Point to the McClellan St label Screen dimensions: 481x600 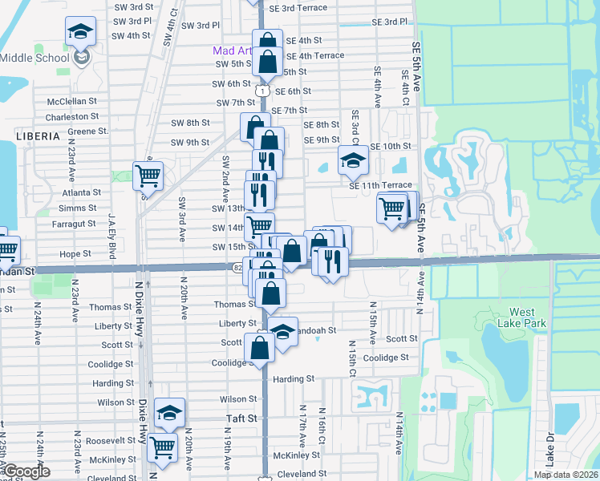pos(71,102)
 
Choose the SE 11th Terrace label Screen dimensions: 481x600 pos(380,185)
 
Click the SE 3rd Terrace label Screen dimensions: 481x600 pos(298,7)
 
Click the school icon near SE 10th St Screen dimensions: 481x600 pos(352,160)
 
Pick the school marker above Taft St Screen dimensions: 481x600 pos(169,412)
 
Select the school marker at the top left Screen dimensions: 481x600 pos(80,31)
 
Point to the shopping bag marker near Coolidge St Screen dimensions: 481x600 pos(259,347)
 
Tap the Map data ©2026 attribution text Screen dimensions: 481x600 pos(566,475)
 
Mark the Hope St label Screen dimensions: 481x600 pos(75,253)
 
